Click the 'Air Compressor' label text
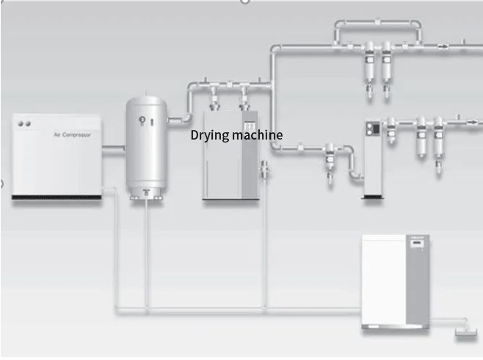click(72, 134)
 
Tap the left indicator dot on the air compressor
click(21, 123)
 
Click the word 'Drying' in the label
click(208, 135)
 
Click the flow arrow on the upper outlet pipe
click(443, 46)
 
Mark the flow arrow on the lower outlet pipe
click(457, 117)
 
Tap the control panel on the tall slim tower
click(372, 129)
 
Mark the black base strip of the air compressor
click(56, 197)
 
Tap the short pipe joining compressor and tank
click(112, 152)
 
